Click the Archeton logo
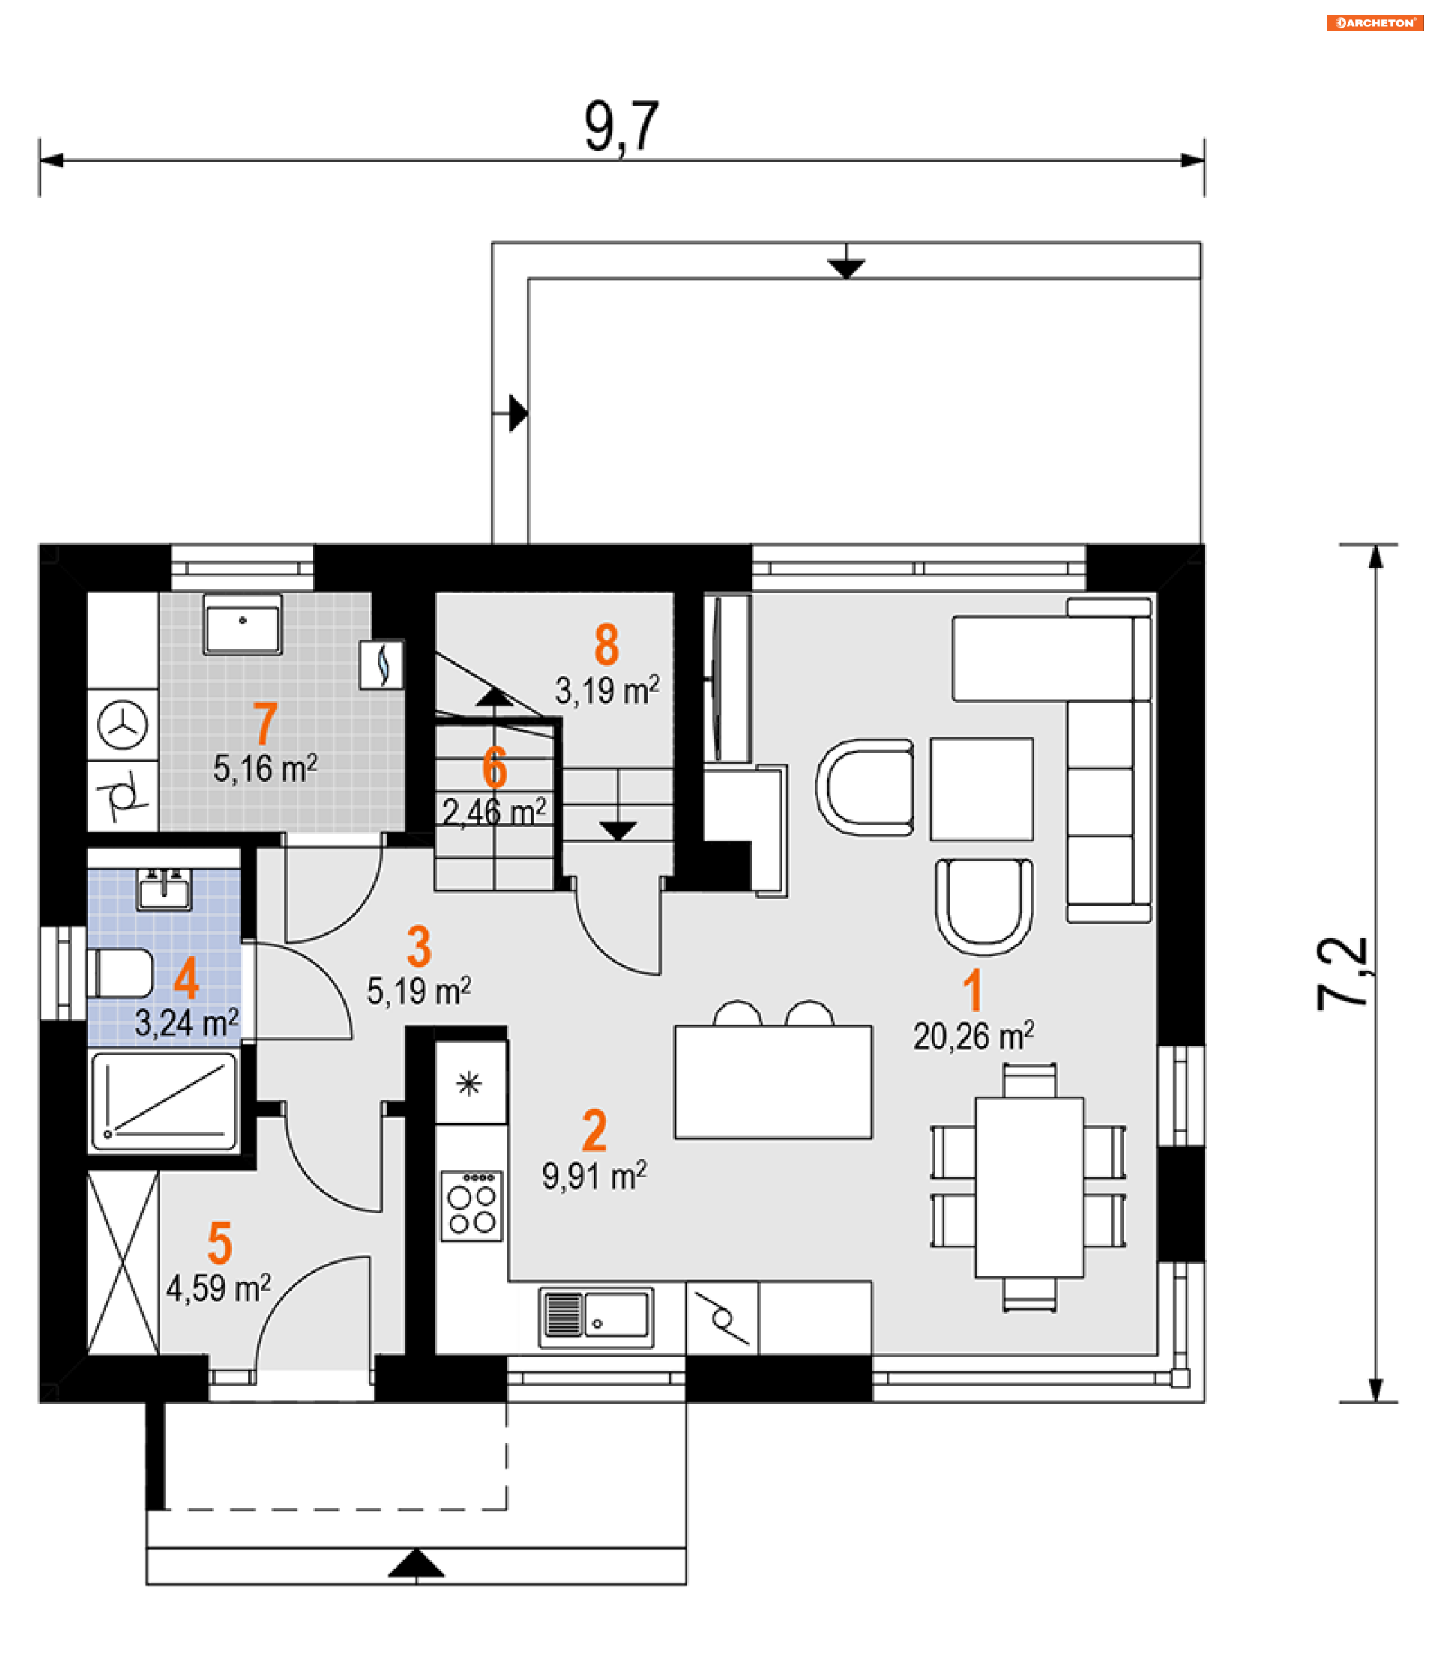pyautogui.click(x=1375, y=22)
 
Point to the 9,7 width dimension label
pyautogui.click(x=621, y=127)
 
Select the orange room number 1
pyautogui.click(x=973, y=991)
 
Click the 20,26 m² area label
pyautogui.click(x=974, y=1037)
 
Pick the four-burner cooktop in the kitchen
pyautogui.click(x=471, y=1205)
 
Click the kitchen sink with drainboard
pyautogui.click(x=596, y=1317)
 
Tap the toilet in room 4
pyautogui.click(x=121, y=974)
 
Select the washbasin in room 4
pyautogui.click(x=163, y=890)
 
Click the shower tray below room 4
pyautogui.click(x=164, y=1101)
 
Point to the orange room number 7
pyautogui.click(x=265, y=723)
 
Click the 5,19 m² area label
pyautogui.click(x=419, y=991)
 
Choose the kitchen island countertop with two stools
pyautogui.click(x=773, y=1082)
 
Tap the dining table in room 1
pyautogui.click(x=1028, y=1187)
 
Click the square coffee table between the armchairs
pyautogui.click(x=982, y=789)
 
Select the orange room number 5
pyautogui.click(x=220, y=1244)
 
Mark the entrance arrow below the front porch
pyautogui.click(x=416, y=1565)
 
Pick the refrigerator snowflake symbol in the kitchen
pyautogui.click(x=469, y=1083)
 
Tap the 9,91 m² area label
pyautogui.click(x=594, y=1177)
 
